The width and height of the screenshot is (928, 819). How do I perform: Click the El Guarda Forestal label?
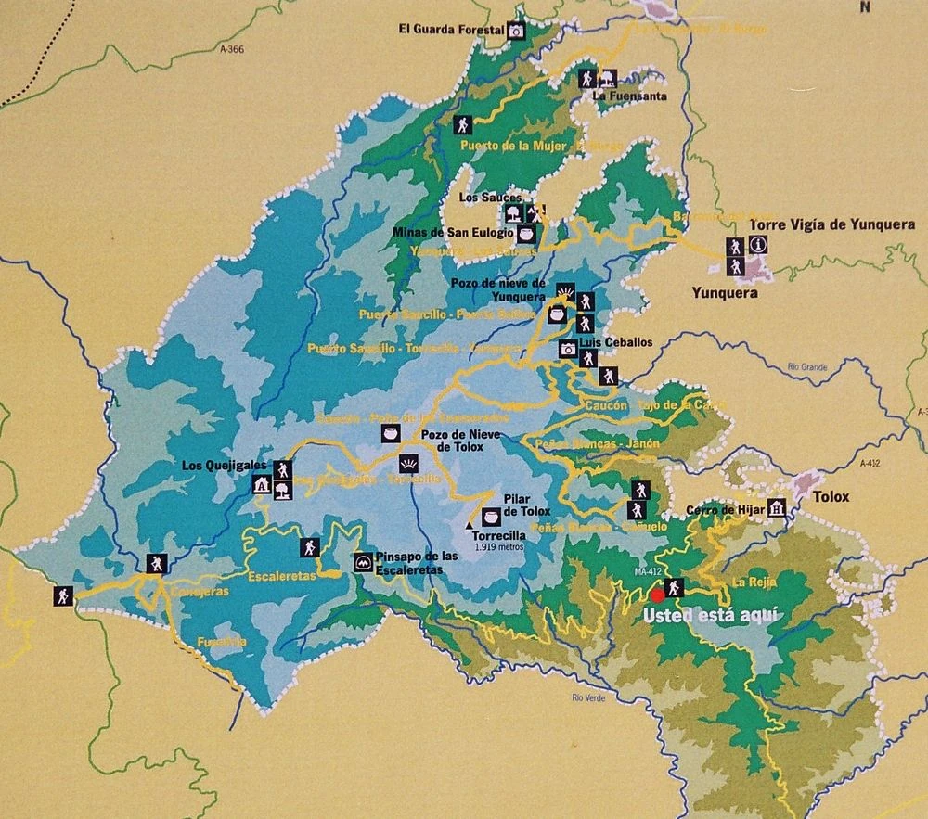[x=451, y=30]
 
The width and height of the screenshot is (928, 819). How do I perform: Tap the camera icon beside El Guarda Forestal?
[x=517, y=31]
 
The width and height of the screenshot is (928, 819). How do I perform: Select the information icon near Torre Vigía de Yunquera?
[x=759, y=245]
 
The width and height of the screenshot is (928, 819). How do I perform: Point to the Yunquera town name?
[x=725, y=293]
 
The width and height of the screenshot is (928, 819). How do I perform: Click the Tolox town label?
[x=831, y=496]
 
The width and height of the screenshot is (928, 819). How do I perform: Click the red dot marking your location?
[x=658, y=595]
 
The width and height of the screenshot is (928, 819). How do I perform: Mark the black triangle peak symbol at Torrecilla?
[x=469, y=525]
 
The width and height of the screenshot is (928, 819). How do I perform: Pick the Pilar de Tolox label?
[x=527, y=505]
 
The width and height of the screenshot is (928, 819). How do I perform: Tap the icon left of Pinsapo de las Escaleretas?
[x=363, y=562]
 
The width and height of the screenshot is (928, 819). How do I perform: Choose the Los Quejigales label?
[x=225, y=465]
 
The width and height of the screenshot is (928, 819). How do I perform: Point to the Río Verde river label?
[x=589, y=697]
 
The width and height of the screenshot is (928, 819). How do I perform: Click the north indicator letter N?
[x=865, y=7]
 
